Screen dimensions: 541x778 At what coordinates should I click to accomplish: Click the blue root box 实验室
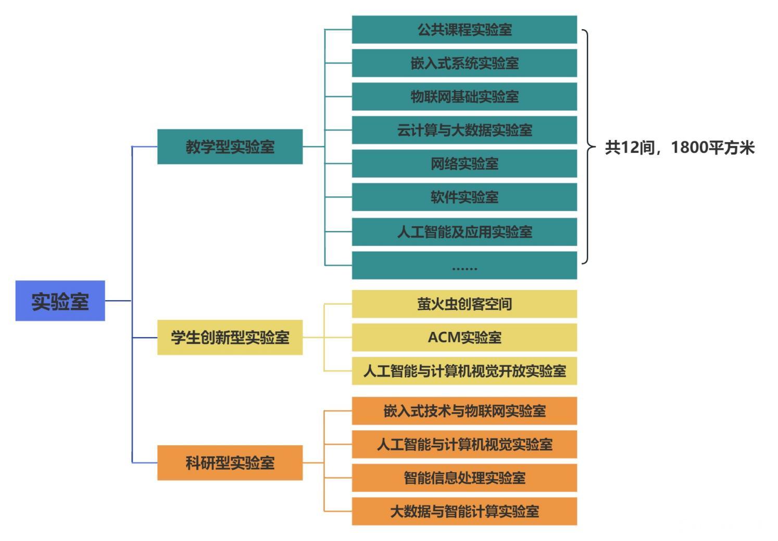(60, 301)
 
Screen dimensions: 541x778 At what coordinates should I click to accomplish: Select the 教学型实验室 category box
(230, 147)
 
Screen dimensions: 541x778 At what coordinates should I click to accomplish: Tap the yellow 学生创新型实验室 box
(230, 338)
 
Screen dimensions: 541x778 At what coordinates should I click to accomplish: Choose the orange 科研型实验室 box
(230, 462)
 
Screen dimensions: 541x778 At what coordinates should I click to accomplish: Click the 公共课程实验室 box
(464, 30)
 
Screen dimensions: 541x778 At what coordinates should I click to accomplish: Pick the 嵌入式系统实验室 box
(464, 63)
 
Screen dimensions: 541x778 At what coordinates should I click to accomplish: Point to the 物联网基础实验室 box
(464, 97)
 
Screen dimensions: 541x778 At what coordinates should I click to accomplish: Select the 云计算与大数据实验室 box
(464, 130)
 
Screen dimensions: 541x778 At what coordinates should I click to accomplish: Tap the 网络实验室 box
(464, 164)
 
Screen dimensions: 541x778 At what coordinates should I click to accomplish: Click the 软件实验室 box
(464, 197)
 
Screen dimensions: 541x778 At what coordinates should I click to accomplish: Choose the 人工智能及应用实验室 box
(464, 231)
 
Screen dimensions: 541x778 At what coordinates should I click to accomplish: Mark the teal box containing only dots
(464, 266)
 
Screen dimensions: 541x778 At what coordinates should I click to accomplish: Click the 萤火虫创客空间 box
(464, 304)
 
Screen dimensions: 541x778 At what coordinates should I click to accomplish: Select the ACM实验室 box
(464, 338)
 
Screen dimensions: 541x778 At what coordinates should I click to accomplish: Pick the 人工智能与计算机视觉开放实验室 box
(464, 371)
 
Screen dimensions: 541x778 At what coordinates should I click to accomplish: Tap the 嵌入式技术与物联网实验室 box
(464, 411)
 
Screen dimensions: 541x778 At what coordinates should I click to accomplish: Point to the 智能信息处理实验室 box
(464, 478)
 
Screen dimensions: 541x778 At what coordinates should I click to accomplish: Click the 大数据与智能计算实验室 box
(464, 511)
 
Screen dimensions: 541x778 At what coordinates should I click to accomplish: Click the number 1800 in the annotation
(689, 148)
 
